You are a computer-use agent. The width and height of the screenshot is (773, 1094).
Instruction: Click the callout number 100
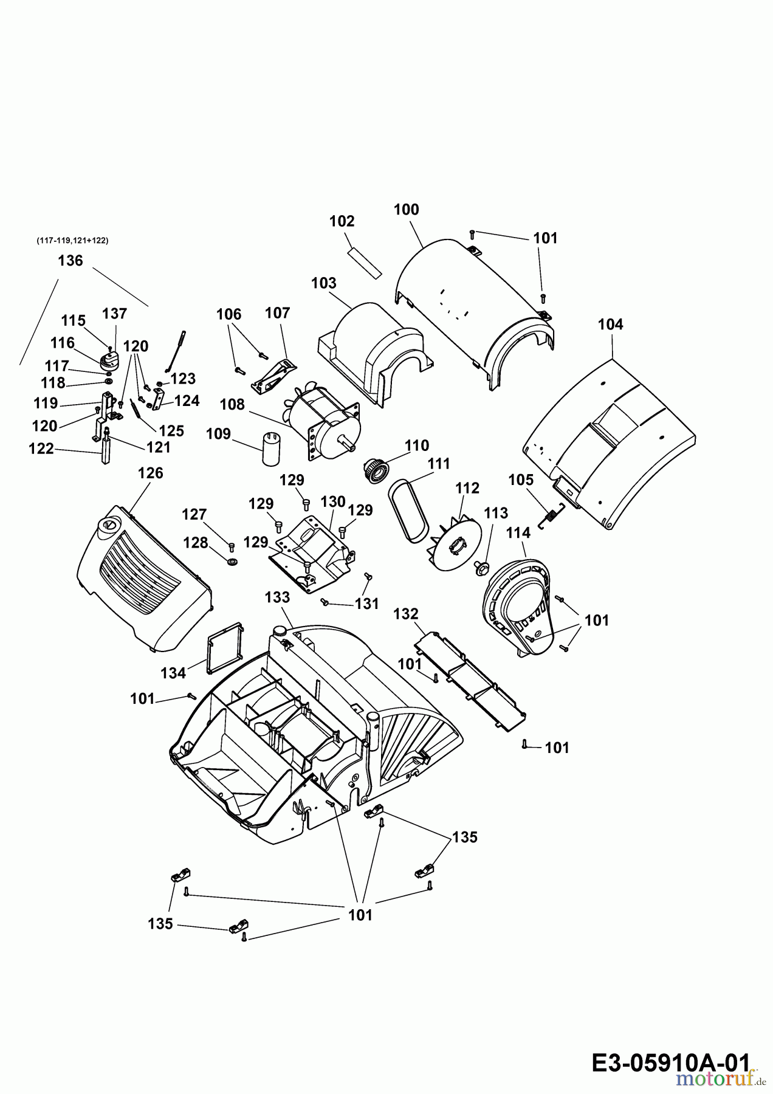(x=406, y=210)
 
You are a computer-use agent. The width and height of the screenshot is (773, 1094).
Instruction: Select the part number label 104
(x=610, y=325)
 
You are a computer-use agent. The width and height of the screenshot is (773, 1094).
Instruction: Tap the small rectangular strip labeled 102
(x=365, y=262)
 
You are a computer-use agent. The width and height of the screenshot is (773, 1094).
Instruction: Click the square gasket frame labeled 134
(x=225, y=648)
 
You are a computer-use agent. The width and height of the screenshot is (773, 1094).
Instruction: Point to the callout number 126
(x=150, y=473)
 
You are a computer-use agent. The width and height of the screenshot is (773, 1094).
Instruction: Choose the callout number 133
(x=277, y=597)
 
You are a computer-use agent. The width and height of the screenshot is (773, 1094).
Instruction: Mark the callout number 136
(x=70, y=261)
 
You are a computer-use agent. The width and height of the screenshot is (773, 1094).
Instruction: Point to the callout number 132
(x=405, y=614)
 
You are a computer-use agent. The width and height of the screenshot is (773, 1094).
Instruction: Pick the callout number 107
(x=277, y=313)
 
